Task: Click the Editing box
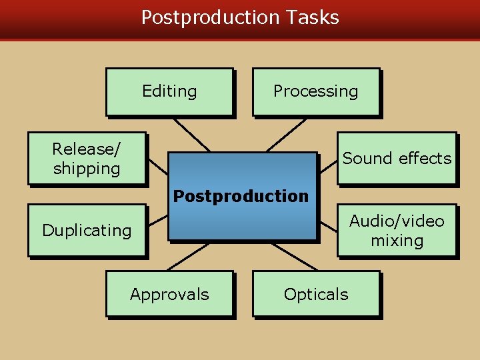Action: point(169,92)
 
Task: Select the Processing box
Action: point(315,92)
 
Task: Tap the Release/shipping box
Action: point(86,158)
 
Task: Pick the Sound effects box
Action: point(397,158)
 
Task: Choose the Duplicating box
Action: point(86,230)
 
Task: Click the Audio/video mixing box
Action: point(397,230)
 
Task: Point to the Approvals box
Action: point(169,294)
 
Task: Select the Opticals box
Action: point(315,294)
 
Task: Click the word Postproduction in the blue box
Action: point(241,196)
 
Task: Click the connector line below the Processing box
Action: point(287,135)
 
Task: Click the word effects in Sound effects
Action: point(424,158)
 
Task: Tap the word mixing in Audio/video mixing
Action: point(397,240)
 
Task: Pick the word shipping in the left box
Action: point(87,169)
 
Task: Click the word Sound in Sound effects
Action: point(367,158)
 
